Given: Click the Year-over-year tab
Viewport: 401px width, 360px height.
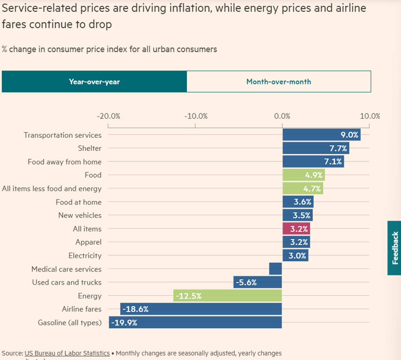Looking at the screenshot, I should pyautogui.click(x=94, y=81).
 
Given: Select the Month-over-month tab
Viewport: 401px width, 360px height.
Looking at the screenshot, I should pyautogui.click(x=278, y=81).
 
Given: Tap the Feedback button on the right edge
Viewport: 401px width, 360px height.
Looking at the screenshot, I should pyautogui.click(x=394, y=248).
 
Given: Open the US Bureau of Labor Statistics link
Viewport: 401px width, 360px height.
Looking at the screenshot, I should pyautogui.click(x=67, y=353).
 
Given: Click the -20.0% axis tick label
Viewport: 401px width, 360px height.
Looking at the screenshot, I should pyautogui.click(x=109, y=116).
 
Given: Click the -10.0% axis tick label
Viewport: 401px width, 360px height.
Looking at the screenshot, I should pyautogui.click(x=195, y=116).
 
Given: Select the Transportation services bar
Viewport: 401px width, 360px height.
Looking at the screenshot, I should pyautogui.click(x=321, y=135).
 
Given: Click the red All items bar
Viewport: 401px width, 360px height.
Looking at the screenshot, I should pyautogui.click(x=296, y=229).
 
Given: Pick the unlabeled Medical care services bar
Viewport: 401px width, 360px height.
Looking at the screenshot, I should pyautogui.click(x=276, y=269).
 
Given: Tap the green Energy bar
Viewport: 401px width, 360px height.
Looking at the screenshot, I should pyautogui.click(x=227, y=296).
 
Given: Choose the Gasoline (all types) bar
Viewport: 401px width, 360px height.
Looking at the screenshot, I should pyautogui.click(x=195, y=323).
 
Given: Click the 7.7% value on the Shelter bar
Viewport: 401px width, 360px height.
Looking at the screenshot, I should pyautogui.click(x=338, y=149).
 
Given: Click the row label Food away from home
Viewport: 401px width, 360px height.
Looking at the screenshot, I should pyautogui.click(x=64, y=162).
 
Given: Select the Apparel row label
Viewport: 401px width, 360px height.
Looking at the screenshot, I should pyautogui.click(x=88, y=242).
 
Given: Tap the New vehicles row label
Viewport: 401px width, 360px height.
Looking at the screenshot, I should pyautogui.click(x=80, y=215).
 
